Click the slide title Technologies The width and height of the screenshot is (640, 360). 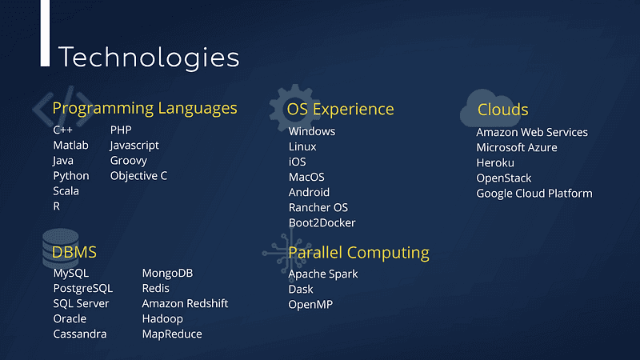click(x=149, y=58)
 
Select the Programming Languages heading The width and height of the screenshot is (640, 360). click(x=145, y=109)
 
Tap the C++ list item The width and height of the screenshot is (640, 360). click(x=62, y=130)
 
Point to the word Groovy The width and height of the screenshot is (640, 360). click(x=128, y=161)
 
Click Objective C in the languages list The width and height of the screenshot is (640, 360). click(x=138, y=176)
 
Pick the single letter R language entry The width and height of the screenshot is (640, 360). click(x=56, y=206)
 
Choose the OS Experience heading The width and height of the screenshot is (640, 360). click(x=340, y=109)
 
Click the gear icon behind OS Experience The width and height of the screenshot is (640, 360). click(x=294, y=108)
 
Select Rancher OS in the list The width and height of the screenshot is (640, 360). click(x=318, y=207)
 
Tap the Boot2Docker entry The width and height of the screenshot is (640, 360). click(x=322, y=223)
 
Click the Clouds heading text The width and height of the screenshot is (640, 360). click(x=502, y=110)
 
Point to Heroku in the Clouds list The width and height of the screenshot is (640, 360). click(x=495, y=163)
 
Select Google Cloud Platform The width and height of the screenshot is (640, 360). click(x=534, y=194)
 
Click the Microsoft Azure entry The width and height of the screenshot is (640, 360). click(x=516, y=147)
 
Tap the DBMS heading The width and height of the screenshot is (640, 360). click(x=74, y=252)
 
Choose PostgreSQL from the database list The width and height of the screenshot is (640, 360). click(x=83, y=289)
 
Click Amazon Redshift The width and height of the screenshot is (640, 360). click(x=185, y=304)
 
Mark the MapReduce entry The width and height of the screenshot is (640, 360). click(x=172, y=334)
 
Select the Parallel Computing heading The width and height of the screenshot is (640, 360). click(x=358, y=253)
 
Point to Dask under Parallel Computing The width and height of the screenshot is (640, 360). click(x=301, y=290)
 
